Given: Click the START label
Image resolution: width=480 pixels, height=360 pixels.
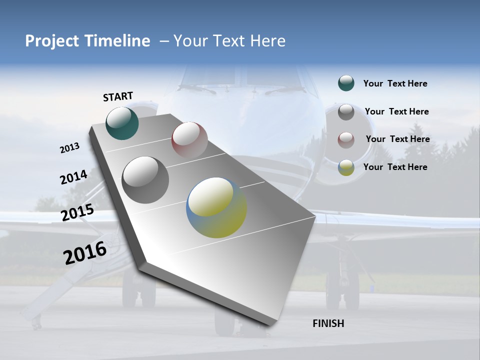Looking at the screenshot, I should click(x=118, y=96).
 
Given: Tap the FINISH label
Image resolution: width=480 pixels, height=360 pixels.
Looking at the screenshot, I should click(x=328, y=323).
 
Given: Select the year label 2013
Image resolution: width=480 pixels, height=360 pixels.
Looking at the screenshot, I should click(x=70, y=148).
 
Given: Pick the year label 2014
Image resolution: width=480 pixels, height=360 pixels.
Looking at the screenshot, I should click(x=73, y=177).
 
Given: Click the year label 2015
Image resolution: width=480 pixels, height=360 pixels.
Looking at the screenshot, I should click(x=77, y=212).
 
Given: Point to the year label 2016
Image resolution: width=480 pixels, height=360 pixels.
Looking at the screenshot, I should click(x=85, y=253).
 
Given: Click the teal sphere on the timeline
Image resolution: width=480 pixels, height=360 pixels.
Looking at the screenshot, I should click(x=122, y=123).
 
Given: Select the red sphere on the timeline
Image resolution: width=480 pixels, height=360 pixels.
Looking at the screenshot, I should click(x=189, y=139).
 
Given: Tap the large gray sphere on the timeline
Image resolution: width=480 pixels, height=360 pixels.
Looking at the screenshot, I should click(x=145, y=179).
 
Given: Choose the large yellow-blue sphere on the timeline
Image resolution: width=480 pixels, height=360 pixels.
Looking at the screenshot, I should click(x=216, y=207).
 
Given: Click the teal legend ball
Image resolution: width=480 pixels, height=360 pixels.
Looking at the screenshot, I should click(x=346, y=83).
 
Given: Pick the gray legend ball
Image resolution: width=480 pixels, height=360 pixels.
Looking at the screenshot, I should click(x=346, y=112).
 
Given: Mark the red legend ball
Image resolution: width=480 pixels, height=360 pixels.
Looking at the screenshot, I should click(x=346, y=140).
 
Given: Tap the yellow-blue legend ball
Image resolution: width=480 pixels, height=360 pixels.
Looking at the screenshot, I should click(x=346, y=167).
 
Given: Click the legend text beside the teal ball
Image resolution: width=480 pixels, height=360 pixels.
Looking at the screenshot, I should click(x=395, y=83).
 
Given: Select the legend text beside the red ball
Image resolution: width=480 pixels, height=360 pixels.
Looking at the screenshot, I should click(x=397, y=139).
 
